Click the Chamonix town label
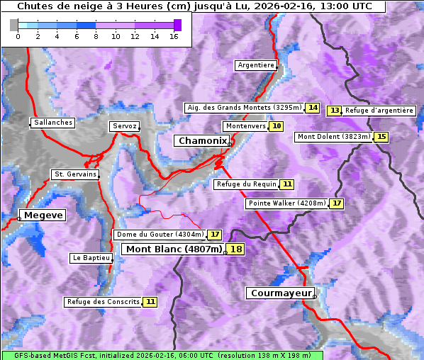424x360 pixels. [x=202, y=141]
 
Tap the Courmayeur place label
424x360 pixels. [x=281, y=293]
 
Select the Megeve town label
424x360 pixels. [x=43, y=215]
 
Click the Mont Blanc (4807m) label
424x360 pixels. [x=174, y=249]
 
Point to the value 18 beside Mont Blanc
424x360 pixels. [x=235, y=249]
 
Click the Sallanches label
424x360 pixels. [x=53, y=123]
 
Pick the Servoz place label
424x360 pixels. [x=124, y=126]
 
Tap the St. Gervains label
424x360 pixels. [x=75, y=174]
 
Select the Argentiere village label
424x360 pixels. [x=256, y=65]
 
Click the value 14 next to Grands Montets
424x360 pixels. [x=313, y=108]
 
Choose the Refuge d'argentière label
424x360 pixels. [x=379, y=111]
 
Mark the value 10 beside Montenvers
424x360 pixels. [x=276, y=126]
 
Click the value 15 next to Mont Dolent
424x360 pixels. [x=381, y=137]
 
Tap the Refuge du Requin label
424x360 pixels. [x=245, y=184]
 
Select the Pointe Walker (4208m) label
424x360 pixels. [x=286, y=203]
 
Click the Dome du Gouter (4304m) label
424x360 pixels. [x=160, y=235]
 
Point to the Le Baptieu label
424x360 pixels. [x=91, y=258]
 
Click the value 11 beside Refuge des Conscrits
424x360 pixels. [x=150, y=302]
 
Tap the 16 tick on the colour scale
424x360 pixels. [x=173, y=36]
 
